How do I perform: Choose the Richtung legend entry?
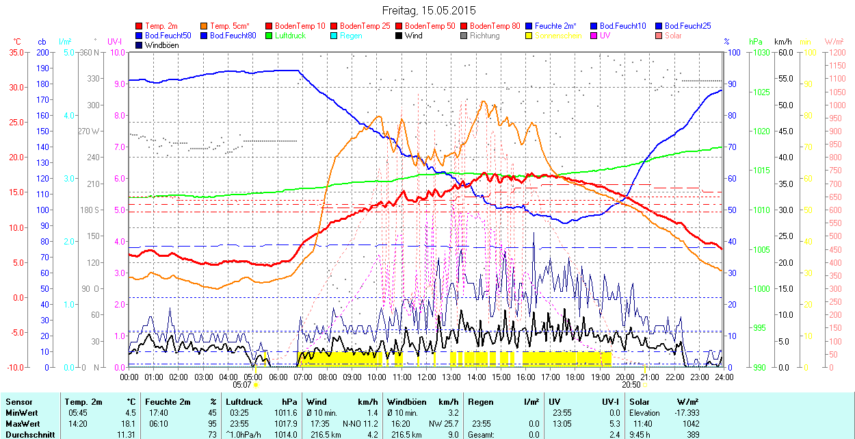click(x=484, y=36)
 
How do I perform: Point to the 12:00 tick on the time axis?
click(x=427, y=377)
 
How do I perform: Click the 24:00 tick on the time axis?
click(x=724, y=377)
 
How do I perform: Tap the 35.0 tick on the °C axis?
click(x=14, y=52)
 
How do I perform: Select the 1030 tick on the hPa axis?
click(x=759, y=52)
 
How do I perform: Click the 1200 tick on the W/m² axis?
click(x=837, y=52)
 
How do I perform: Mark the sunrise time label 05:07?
click(x=243, y=385)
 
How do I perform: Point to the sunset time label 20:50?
click(x=631, y=385)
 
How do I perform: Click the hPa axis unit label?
click(x=756, y=42)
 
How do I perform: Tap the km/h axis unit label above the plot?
click(x=782, y=42)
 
